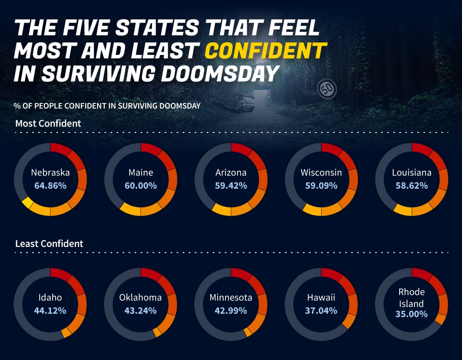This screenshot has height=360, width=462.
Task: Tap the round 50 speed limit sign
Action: pos(327,89)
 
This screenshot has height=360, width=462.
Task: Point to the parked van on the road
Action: pos(239,102)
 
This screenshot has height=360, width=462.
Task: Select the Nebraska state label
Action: pos(50,173)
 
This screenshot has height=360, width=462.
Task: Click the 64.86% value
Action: pos(50,186)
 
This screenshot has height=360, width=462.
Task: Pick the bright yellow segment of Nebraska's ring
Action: pos(27,203)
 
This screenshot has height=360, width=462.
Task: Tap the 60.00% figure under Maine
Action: pos(140,186)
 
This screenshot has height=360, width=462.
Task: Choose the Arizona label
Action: pos(231,173)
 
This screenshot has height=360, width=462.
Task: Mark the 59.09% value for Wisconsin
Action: pos(321,186)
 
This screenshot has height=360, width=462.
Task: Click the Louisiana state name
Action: pos(411,173)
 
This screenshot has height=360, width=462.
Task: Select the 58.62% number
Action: pos(411,186)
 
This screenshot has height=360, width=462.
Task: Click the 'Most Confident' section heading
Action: pos(48,123)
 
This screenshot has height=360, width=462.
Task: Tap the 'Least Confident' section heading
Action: pos(49,243)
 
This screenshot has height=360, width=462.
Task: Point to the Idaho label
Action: pos(50,297)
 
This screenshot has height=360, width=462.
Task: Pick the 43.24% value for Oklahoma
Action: pos(140,310)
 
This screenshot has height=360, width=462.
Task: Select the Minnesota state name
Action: pos(231,297)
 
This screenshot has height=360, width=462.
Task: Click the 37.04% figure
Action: pos(321,310)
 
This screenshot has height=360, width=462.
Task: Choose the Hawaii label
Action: pos(321,297)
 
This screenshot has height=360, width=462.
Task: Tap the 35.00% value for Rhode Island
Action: pos(411,314)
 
